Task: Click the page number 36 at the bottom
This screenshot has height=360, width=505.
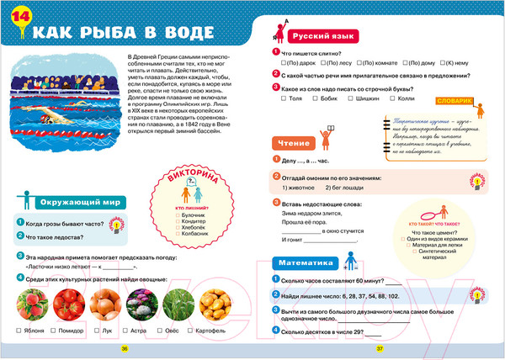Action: (125, 348)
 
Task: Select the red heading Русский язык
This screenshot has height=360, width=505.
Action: (316, 38)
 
